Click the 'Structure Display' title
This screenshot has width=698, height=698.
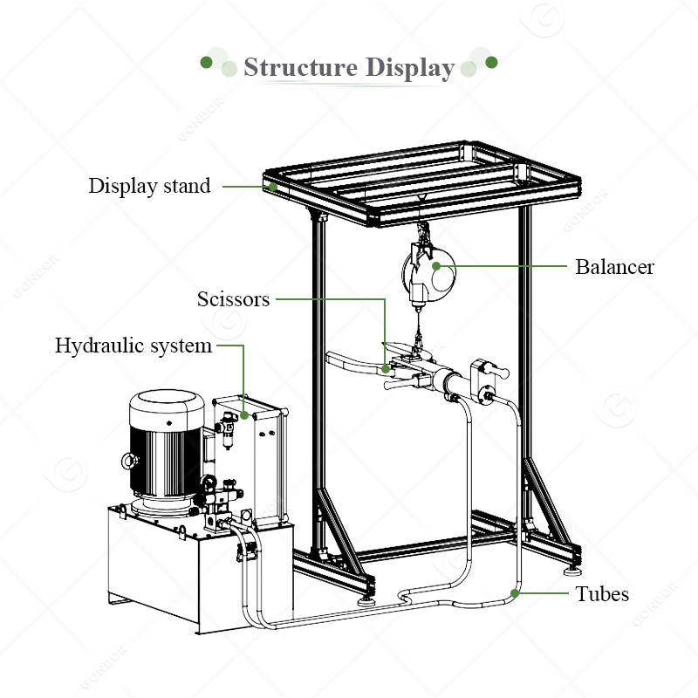click(x=349, y=68)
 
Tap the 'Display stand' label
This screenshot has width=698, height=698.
click(x=149, y=186)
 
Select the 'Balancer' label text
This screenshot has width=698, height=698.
click(x=614, y=267)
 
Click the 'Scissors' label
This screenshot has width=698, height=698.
click(x=233, y=299)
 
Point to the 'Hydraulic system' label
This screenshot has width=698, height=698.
click(x=133, y=346)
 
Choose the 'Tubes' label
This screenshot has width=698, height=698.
click(x=602, y=594)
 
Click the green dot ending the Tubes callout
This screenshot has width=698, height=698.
click(x=516, y=593)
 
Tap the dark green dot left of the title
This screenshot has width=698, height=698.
click(x=207, y=62)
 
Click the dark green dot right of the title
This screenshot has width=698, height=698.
click(x=491, y=62)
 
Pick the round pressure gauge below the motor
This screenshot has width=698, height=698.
click(x=209, y=484)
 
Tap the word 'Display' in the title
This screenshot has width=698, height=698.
click(x=410, y=68)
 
